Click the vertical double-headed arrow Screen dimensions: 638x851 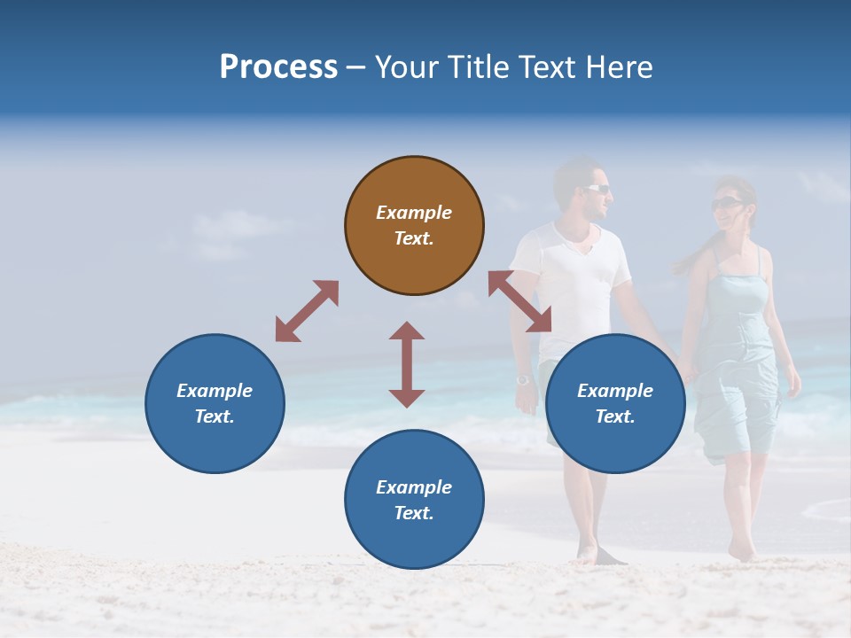point(407,364)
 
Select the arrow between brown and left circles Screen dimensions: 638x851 point(307,311)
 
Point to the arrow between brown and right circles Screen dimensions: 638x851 point(520,301)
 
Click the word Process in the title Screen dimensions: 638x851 point(278,67)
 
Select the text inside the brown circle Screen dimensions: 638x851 point(414,225)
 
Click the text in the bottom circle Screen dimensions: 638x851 point(414,500)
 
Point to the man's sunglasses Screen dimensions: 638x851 point(597,189)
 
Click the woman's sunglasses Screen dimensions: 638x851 point(727,204)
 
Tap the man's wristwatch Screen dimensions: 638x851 point(523,380)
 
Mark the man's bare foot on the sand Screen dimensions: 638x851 point(587,554)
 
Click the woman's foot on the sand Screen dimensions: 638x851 point(740,551)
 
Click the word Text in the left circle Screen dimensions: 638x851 point(215,416)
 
